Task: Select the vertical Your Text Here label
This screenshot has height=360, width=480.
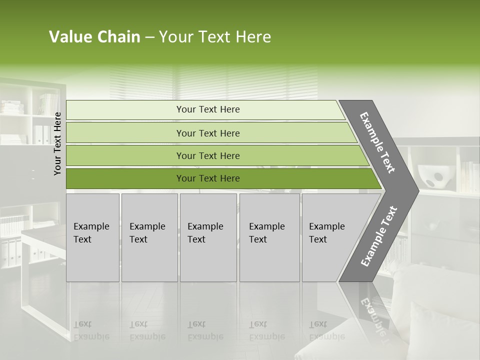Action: click(x=57, y=143)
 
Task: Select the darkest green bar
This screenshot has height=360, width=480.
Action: click(x=125, y=178)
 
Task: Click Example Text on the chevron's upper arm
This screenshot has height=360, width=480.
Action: click(x=377, y=142)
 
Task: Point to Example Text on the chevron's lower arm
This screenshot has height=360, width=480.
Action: click(x=378, y=236)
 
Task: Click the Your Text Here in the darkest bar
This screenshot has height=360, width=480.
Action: click(x=208, y=178)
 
